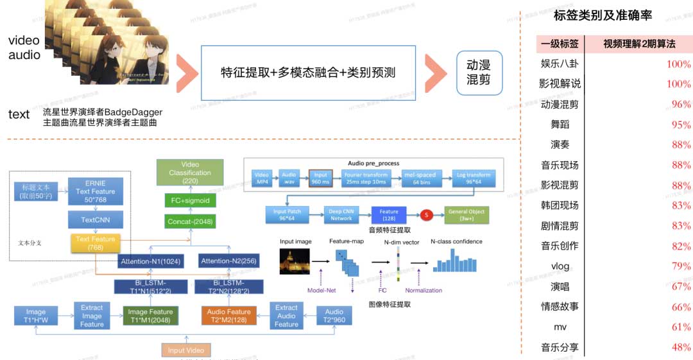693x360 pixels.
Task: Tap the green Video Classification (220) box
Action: pyautogui.click(x=189, y=173)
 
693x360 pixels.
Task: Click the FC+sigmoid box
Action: pyautogui.click(x=189, y=201)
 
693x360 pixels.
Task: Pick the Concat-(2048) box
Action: pyautogui.click(x=189, y=221)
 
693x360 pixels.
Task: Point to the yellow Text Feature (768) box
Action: pyautogui.click(x=96, y=243)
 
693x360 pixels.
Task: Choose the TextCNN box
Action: pyautogui.click(x=96, y=219)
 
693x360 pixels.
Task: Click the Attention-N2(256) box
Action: pyautogui.click(x=225, y=261)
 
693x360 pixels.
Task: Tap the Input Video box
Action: pyautogui.click(x=185, y=350)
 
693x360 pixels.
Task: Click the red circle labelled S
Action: pyautogui.click(x=425, y=215)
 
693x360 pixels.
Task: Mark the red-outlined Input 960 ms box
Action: pyautogui.click(x=320, y=178)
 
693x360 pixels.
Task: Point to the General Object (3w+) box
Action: pyautogui.click(x=467, y=215)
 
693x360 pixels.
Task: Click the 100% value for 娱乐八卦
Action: pyautogui.click(x=678, y=64)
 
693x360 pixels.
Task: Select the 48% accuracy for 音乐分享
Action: pyautogui.click(x=681, y=347)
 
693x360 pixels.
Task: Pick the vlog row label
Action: pyautogui.click(x=560, y=266)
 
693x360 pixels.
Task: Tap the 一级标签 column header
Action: pyautogui.click(x=560, y=44)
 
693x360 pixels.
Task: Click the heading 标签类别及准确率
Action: pyautogui.click(x=603, y=16)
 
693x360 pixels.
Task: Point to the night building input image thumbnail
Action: pyautogui.click(x=295, y=262)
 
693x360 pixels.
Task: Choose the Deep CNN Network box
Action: pyautogui.click(x=341, y=215)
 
